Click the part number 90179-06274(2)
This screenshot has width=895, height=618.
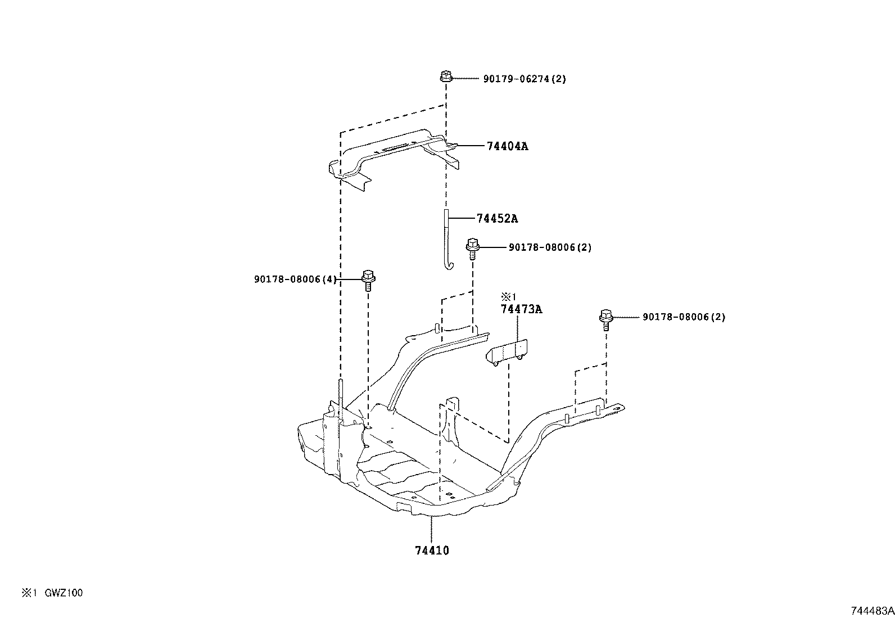[x=524, y=79]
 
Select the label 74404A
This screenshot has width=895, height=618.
[x=507, y=146]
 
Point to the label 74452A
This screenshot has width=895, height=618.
[x=497, y=219]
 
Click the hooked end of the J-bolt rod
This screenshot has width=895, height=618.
[x=447, y=266]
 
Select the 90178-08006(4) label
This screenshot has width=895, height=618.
[x=295, y=279]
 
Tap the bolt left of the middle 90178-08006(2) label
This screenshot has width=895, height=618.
[x=472, y=247]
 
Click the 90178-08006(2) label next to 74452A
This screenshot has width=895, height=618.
[x=550, y=247]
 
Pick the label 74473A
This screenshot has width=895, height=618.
[x=521, y=309]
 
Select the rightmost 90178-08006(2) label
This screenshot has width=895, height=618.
[x=684, y=317]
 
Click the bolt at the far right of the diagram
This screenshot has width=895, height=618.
[x=605, y=319]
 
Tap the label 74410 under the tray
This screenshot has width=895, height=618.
[x=432, y=551]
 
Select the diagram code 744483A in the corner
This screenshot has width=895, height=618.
[x=871, y=611]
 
